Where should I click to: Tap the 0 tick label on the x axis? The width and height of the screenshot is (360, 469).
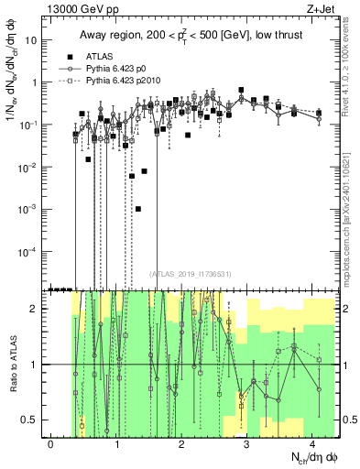(50, 443)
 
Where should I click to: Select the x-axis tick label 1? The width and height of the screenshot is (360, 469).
(116, 443)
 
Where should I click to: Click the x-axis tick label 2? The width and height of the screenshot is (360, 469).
(181, 443)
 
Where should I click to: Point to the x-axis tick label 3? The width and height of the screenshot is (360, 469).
(246, 443)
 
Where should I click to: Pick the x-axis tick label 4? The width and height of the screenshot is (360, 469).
(312, 443)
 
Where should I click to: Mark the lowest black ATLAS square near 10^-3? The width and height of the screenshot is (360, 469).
(137, 209)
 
